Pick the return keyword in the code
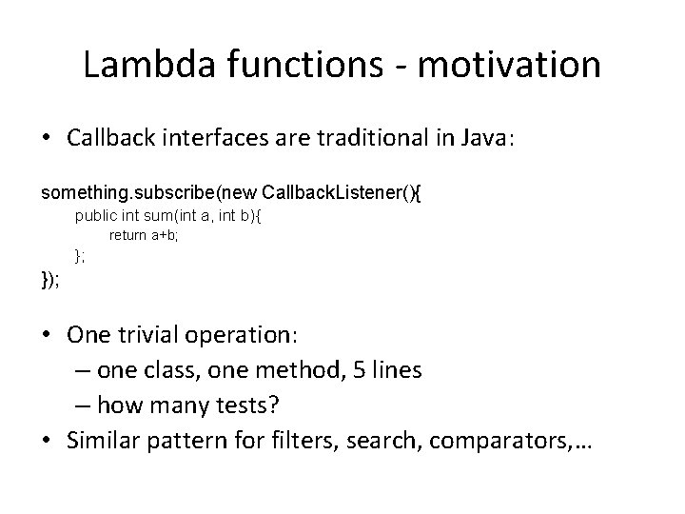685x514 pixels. tap(127, 235)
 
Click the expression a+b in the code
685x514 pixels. tap(165, 235)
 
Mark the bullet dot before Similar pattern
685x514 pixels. tap(51, 439)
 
